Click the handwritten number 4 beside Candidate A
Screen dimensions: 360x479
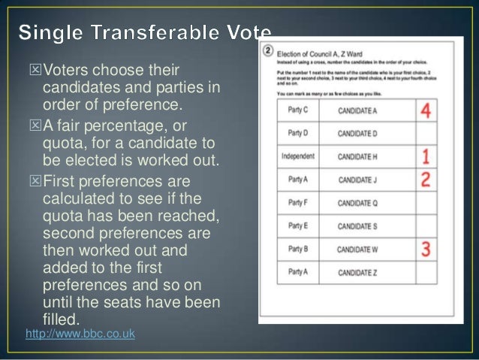pos(426,110)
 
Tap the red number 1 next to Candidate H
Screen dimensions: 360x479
pos(426,157)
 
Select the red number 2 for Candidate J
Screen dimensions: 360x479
pos(426,180)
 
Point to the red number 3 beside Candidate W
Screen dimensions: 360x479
pos(426,249)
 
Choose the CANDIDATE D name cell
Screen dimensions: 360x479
pos(357,134)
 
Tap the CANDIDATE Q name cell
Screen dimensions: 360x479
pos(357,203)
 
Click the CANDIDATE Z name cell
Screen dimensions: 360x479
pos(357,272)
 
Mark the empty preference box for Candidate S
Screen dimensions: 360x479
pos(426,226)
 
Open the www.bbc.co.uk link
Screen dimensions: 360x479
pos(80,333)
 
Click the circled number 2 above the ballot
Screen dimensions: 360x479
pos(268,52)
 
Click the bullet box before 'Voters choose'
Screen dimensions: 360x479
pos(32,71)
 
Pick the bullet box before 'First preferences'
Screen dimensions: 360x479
pos(32,183)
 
